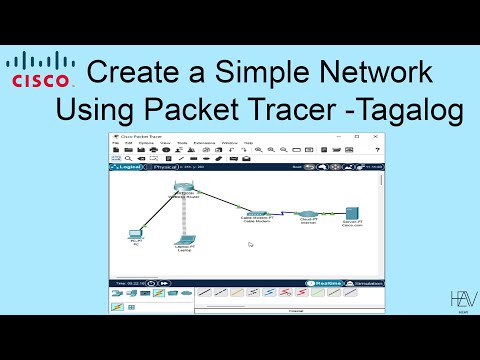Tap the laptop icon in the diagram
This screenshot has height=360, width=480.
tap(183, 240)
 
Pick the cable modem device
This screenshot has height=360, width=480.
tap(257, 213)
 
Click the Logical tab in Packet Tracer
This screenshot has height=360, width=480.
tap(133, 167)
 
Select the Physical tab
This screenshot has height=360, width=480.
tap(167, 167)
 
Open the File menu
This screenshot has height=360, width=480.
tap(116, 142)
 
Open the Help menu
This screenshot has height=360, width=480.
tap(246, 142)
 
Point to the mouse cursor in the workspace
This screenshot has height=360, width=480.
tap(251, 244)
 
